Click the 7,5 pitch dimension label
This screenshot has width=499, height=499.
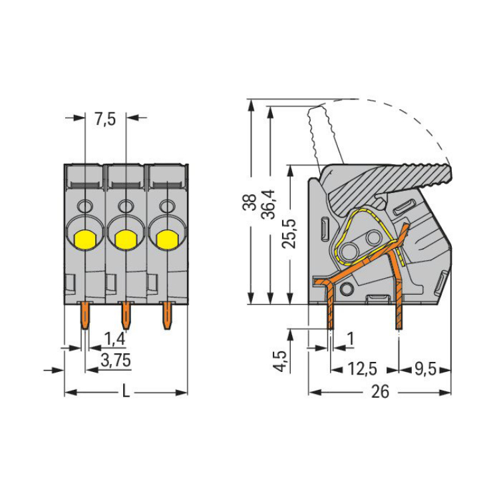tap(106, 120)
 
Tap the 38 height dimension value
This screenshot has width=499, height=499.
tap(249, 202)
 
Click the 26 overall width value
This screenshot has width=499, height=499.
tap(379, 393)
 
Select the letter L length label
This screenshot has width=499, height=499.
tap(125, 393)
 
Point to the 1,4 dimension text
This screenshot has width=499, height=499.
tap(114, 339)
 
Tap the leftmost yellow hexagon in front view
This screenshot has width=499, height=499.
tap(84, 237)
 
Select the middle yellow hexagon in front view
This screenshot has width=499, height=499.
tap(125, 237)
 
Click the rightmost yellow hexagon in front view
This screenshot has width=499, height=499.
tap(166, 237)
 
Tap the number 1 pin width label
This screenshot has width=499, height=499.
tap(351, 340)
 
